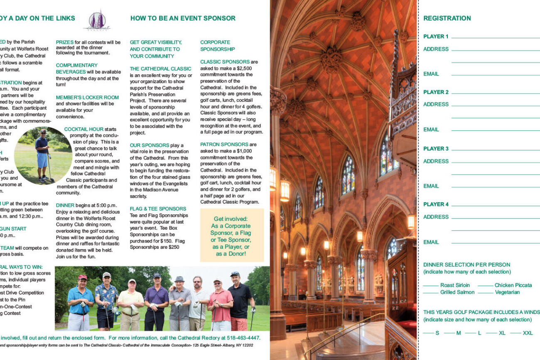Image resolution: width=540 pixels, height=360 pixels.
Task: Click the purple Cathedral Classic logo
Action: point(97,21)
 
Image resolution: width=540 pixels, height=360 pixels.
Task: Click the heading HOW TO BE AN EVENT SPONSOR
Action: point(183,18)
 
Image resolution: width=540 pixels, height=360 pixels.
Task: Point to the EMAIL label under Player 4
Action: point(431,242)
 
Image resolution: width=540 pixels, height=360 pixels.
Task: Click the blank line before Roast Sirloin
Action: point(431,286)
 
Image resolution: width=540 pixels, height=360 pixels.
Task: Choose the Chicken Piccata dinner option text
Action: point(513,285)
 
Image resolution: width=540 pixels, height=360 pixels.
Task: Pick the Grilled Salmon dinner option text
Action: point(457,292)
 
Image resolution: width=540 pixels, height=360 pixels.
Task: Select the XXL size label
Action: point(528,333)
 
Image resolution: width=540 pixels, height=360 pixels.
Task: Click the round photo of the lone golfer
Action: point(43,156)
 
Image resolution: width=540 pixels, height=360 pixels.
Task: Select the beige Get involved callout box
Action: point(232,235)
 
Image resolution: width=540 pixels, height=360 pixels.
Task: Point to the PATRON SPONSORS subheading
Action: point(224,144)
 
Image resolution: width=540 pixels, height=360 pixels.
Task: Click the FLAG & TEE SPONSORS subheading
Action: point(158,209)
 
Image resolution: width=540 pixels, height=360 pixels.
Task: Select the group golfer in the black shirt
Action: point(240,300)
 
